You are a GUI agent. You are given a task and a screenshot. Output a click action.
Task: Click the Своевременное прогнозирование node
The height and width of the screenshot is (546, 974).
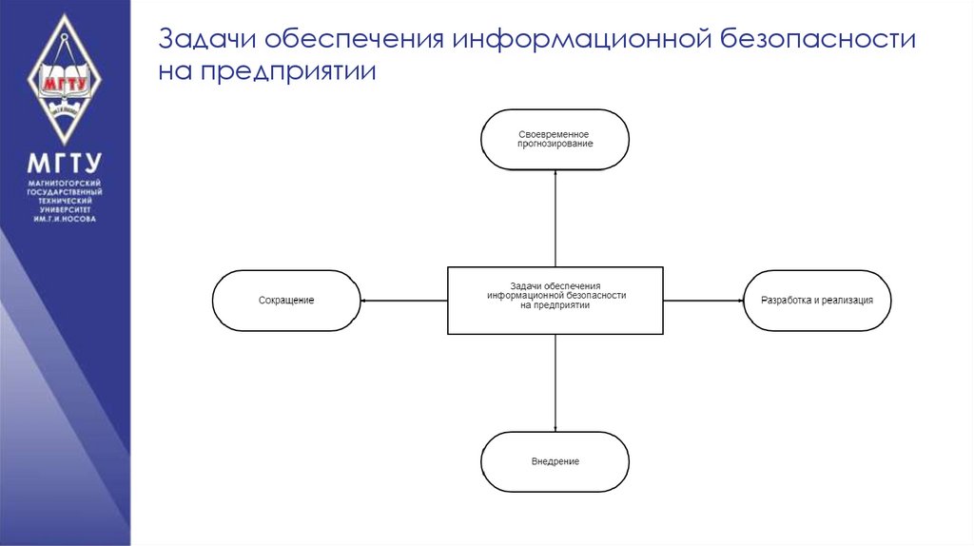tap(555, 139)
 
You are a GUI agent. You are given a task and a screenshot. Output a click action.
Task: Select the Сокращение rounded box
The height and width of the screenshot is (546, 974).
tap(286, 301)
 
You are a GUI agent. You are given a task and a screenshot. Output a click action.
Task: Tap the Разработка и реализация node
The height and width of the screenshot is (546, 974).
tap(816, 301)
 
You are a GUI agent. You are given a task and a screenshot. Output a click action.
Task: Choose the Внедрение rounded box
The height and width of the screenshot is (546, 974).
tap(555, 461)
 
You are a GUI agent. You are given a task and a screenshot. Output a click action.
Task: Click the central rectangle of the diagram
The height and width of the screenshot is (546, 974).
tap(555, 301)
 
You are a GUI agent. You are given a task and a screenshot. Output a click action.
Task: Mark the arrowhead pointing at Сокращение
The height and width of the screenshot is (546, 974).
tap(364, 301)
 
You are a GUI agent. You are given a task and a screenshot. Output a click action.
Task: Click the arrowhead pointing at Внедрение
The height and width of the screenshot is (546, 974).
tap(555, 428)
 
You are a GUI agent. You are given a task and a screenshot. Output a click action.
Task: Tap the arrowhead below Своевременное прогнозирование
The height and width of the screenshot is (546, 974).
tap(555, 172)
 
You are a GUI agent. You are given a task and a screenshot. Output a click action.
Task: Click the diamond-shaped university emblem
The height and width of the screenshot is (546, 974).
tap(64, 78)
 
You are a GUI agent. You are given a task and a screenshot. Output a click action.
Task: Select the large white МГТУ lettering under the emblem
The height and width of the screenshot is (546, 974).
tap(64, 162)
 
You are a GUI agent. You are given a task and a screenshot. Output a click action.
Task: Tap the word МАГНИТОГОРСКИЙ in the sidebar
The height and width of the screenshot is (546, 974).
tap(64, 183)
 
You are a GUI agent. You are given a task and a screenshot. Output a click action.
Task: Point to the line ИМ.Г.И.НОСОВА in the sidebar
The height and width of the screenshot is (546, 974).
tap(64, 219)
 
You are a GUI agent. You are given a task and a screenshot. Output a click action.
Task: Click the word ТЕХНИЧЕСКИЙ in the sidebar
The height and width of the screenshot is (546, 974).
tap(64, 201)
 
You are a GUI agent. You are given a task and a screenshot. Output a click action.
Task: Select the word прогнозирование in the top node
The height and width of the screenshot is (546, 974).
tap(555, 144)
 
